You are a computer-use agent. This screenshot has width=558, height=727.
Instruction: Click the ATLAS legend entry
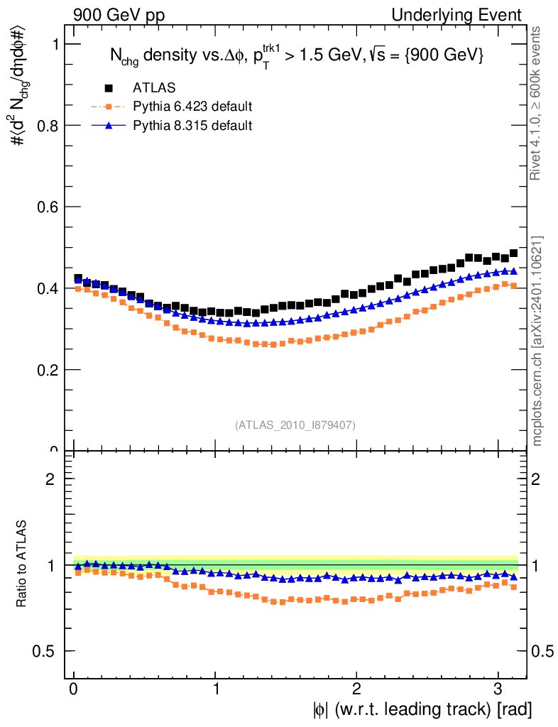pyautogui.click(x=154, y=88)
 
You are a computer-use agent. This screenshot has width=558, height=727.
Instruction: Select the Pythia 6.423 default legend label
pyautogui.click(x=192, y=106)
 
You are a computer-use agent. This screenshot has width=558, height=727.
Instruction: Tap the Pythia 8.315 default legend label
pyautogui.click(x=192, y=126)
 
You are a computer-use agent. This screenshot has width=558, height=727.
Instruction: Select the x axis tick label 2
pyautogui.click(x=356, y=689)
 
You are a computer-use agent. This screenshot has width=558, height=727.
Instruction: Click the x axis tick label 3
pyautogui.click(x=497, y=689)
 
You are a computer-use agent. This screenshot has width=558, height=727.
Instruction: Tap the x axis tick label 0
pyautogui.click(x=74, y=689)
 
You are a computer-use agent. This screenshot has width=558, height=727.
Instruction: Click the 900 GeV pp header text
pyautogui.click(x=118, y=15)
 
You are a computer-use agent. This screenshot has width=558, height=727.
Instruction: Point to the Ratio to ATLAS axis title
pyautogui.click(x=22, y=565)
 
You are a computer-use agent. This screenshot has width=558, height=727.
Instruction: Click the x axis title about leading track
pyautogui.click(x=420, y=709)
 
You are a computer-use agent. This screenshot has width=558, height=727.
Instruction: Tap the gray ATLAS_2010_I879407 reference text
pyautogui.click(x=295, y=425)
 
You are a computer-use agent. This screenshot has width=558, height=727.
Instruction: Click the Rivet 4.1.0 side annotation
pyautogui.click(x=537, y=104)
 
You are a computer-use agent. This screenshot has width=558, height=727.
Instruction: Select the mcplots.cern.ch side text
pyautogui.click(x=537, y=341)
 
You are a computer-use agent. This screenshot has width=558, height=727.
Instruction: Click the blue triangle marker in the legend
pyautogui.click(x=109, y=126)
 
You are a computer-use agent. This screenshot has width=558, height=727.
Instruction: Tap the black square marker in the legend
pyautogui.click(x=109, y=88)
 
